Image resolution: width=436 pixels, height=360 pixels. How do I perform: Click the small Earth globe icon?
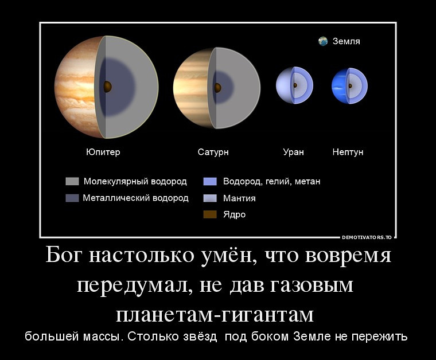[323, 41]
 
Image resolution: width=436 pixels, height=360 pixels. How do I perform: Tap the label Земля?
[346, 41]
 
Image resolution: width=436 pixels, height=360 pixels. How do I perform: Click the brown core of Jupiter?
[107, 87]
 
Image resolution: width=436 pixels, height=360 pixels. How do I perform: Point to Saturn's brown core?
[217, 88]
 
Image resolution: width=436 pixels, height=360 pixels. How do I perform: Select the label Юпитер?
[103, 152]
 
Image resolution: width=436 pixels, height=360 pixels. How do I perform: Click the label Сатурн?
[213, 152]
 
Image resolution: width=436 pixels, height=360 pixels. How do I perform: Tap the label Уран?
[293, 152]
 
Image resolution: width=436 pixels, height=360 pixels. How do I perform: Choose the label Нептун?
[348, 152]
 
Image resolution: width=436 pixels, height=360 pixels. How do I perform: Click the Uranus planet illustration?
[294, 85]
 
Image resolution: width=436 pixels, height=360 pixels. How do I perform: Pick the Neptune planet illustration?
[349, 85]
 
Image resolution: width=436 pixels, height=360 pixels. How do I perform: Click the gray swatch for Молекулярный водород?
[72, 181]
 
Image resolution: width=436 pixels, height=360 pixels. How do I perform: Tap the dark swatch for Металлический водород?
[72, 198]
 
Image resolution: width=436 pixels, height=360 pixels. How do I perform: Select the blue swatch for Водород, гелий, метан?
[210, 181]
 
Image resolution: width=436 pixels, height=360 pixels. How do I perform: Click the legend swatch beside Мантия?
[210, 198]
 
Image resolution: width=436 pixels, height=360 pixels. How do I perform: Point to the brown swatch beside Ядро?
[210, 214]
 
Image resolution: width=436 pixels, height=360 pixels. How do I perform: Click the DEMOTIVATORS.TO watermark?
[367, 237]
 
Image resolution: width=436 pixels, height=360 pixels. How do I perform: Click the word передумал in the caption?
[135, 285]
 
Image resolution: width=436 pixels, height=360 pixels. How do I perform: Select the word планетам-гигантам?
[215, 315]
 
